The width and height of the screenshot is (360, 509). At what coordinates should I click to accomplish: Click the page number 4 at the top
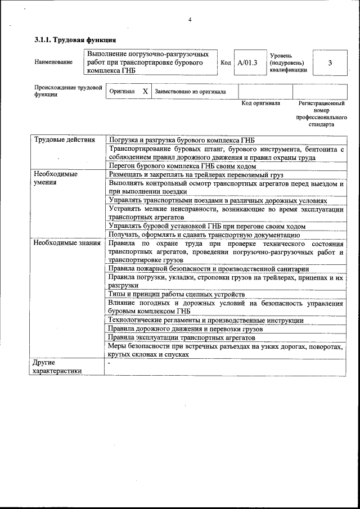pyautogui.click(x=190, y=20)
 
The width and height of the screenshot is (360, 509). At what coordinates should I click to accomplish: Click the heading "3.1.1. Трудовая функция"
pyautogui.click(x=75, y=40)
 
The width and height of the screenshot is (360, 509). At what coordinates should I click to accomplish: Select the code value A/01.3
pyautogui.click(x=247, y=62)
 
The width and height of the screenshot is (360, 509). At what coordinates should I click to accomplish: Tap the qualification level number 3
pyautogui.click(x=330, y=62)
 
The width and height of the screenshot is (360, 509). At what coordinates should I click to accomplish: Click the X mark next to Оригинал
pyautogui.click(x=145, y=91)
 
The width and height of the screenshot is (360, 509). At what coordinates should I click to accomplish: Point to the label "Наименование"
pyautogui.click(x=53, y=62)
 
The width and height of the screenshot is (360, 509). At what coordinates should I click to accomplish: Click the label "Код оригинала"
pyautogui.click(x=260, y=103)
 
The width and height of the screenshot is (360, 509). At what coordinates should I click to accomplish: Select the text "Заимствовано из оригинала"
pyautogui.click(x=190, y=91)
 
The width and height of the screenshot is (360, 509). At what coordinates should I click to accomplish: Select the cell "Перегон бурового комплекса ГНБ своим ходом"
pyautogui.click(x=182, y=166)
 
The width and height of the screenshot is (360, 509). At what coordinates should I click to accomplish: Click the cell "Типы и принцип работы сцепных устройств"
pyautogui.click(x=176, y=294)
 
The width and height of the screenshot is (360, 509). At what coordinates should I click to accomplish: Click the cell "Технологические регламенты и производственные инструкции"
pyautogui.click(x=206, y=320)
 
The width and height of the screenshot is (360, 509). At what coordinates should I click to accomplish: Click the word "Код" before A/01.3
pyautogui.click(x=226, y=62)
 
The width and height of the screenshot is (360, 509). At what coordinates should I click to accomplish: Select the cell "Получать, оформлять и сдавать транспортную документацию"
pyautogui.click(x=204, y=235)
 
